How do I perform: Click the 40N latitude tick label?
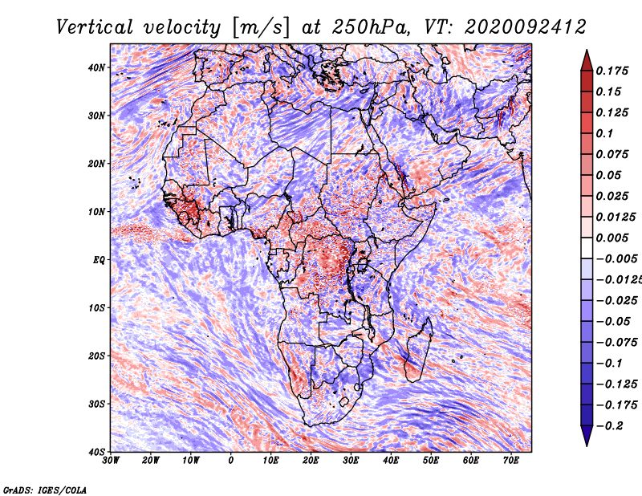96,67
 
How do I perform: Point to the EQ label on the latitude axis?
99,260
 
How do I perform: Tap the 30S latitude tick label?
96,405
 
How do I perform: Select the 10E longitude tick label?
270,461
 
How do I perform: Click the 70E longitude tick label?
510,461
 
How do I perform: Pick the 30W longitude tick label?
111,461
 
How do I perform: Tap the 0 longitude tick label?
231,461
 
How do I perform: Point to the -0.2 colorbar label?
610,426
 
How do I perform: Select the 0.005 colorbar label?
612,238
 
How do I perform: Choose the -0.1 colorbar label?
610,364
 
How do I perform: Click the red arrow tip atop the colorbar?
587,51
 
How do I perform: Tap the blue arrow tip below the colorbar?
587,445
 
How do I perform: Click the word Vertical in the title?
94,27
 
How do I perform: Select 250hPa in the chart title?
371,27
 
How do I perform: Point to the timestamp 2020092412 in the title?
526,27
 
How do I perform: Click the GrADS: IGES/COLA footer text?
45,490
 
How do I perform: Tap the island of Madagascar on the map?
418,352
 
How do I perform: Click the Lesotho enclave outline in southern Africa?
343,401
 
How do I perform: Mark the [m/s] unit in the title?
261,27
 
